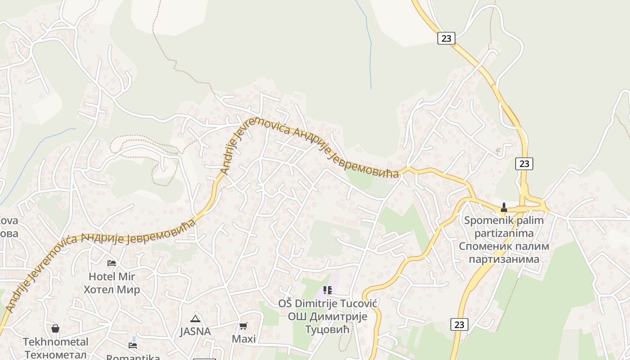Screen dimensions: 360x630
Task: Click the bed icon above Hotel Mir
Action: pyautogui.click(x=112, y=263)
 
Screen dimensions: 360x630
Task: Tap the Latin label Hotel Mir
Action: pyautogui.click(x=112, y=276)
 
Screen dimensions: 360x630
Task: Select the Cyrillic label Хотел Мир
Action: pyautogui.click(x=112, y=289)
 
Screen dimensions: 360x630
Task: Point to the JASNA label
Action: pyautogui.click(x=195, y=331)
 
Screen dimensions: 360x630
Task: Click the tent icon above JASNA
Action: pyautogui.click(x=195, y=319)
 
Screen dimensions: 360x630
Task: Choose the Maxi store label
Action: pyautogui.click(x=243, y=339)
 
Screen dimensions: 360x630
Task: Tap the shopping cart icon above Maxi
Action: pyautogui.click(x=243, y=326)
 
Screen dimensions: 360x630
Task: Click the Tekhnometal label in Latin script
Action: pyautogui.click(x=56, y=342)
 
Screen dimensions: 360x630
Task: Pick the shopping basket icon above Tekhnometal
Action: pyautogui.click(x=55, y=328)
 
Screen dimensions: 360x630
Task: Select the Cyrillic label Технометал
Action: pyautogui.click(x=56, y=355)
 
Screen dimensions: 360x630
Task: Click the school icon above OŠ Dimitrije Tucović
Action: pyautogui.click(x=327, y=290)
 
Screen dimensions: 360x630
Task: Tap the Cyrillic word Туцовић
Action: pyautogui.click(x=327, y=329)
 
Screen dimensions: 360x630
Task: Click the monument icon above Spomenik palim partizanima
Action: pyautogui.click(x=504, y=207)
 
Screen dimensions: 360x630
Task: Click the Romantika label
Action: pyautogui.click(x=133, y=357)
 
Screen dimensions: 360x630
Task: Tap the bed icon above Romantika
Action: pyautogui.click(x=133, y=345)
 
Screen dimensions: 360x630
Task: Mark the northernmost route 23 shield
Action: pyautogui.click(x=446, y=38)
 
